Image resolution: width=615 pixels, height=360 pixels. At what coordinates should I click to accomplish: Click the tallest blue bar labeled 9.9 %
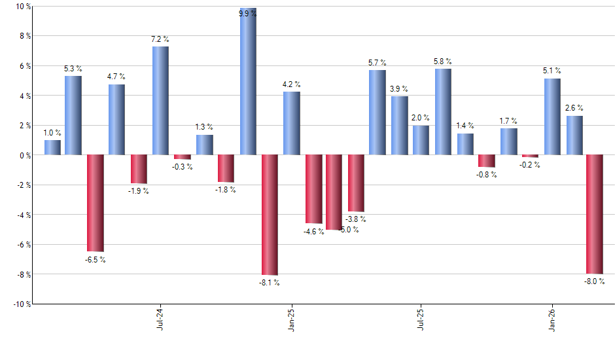248,82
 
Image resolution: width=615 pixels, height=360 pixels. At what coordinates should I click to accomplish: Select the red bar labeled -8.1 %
270,215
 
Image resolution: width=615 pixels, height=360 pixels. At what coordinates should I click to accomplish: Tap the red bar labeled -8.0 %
594,214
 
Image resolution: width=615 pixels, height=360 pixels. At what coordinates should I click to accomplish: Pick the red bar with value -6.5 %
96,203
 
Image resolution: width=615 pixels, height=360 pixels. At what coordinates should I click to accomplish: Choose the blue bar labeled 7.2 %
160,101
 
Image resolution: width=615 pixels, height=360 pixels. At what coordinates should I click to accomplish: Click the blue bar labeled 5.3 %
73,115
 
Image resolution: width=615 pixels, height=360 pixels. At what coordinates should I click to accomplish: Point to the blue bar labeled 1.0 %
52,147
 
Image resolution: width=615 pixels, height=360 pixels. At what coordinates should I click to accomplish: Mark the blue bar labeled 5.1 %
552,117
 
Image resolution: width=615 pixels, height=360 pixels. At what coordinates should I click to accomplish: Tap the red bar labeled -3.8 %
356,183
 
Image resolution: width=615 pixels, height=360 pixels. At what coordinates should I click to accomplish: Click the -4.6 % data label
313,232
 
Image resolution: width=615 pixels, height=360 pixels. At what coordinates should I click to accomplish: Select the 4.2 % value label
291,84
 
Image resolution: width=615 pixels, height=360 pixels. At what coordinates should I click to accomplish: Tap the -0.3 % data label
183,167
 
